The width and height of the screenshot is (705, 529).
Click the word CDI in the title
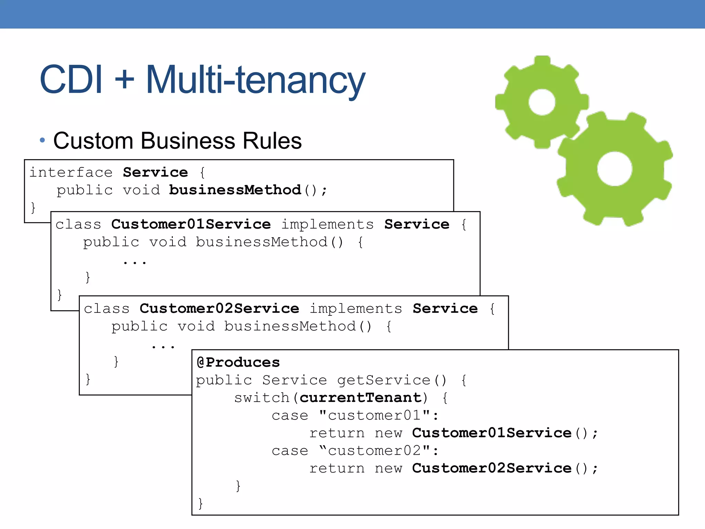pos(71,80)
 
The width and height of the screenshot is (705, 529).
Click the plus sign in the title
pos(124,80)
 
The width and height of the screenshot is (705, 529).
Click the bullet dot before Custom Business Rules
pos(42,141)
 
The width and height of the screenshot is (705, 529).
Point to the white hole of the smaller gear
pos(542,102)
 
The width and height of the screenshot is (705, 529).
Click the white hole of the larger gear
pos(614,169)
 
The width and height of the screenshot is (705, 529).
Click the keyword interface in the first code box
pos(71,172)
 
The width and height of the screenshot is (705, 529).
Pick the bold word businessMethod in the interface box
pos(235,190)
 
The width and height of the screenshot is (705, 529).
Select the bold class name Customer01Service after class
pos(191,224)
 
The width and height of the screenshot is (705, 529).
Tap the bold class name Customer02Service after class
pos(219,309)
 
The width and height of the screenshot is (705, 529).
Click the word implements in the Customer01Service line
pos(327,225)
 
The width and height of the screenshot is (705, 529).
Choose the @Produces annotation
pos(238,362)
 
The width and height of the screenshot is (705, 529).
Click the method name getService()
pos(391,380)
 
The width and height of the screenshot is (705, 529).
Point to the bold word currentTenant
pos(361,398)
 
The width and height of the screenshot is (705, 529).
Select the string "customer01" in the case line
pos(375,415)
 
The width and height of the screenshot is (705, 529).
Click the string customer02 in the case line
pos(375,450)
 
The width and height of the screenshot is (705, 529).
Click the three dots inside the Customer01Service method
pos(135,262)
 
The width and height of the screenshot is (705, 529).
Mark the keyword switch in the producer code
pos(262,398)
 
